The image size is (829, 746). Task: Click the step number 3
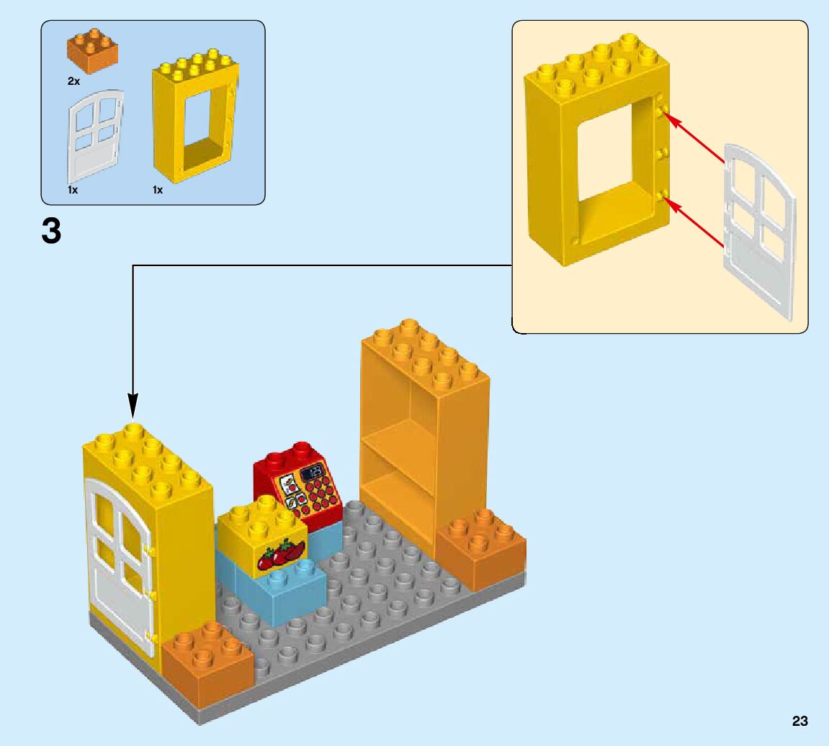pos(50,231)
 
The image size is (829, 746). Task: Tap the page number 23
pos(799,722)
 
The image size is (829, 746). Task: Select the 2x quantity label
pos(73,81)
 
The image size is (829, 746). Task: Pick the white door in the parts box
pos(95,137)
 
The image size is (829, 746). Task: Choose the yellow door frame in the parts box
pos(192,119)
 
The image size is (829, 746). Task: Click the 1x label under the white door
pos(73,190)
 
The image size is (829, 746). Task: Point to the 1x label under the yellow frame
pos(158,190)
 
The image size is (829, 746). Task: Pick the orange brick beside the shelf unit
pos(480,550)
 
